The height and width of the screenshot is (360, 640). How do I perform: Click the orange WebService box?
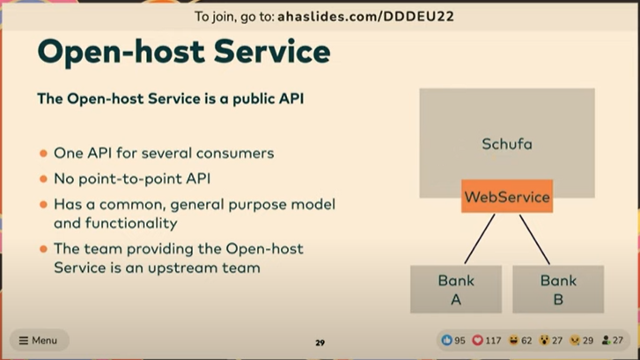click(x=507, y=196)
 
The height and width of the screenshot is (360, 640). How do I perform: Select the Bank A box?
click(x=456, y=290)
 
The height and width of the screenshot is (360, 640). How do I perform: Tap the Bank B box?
click(x=558, y=290)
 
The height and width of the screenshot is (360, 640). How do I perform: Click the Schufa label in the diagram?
click(x=507, y=144)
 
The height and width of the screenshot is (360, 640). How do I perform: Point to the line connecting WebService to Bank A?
click(x=480, y=239)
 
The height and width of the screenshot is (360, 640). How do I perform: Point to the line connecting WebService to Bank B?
click(x=534, y=239)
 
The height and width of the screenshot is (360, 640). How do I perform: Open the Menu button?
click(x=39, y=340)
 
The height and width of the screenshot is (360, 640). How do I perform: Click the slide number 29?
click(x=320, y=342)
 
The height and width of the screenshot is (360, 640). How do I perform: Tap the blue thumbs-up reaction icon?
click(x=446, y=340)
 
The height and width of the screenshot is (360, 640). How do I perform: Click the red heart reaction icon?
click(x=477, y=340)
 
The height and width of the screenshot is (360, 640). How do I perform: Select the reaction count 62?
click(x=526, y=341)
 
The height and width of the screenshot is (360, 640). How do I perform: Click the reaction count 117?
click(x=493, y=341)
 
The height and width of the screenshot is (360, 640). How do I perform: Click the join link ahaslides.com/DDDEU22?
click(x=365, y=17)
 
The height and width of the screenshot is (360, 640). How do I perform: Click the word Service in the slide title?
click(x=272, y=52)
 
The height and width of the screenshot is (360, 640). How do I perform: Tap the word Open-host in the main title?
click(x=121, y=53)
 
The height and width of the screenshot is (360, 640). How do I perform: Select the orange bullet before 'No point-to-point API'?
click(x=44, y=179)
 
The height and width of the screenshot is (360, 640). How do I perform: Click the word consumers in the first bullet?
click(x=235, y=153)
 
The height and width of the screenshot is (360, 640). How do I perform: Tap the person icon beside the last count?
click(x=607, y=340)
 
